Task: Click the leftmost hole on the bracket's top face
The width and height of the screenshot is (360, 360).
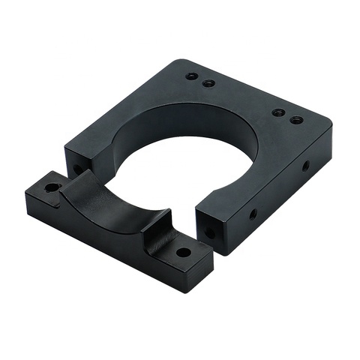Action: pos(192,76)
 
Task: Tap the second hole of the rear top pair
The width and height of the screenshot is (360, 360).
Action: pos(209,82)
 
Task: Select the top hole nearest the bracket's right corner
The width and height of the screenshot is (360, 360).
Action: pos(297,119)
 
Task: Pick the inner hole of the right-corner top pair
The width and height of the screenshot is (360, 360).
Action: pos(278,112)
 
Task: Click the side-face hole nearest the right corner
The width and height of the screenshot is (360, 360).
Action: pos(306,165)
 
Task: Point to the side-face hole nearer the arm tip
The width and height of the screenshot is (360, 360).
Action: pos(253,214)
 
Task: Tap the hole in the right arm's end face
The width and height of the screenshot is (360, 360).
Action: pos(209,233)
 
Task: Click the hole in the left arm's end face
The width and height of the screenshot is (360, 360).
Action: pos(77,169)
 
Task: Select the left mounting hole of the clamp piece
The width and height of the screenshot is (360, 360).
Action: pos(52,187)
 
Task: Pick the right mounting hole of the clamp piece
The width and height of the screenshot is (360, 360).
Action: pos(183,252)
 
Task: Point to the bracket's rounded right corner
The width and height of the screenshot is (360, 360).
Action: pos(328,127)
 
